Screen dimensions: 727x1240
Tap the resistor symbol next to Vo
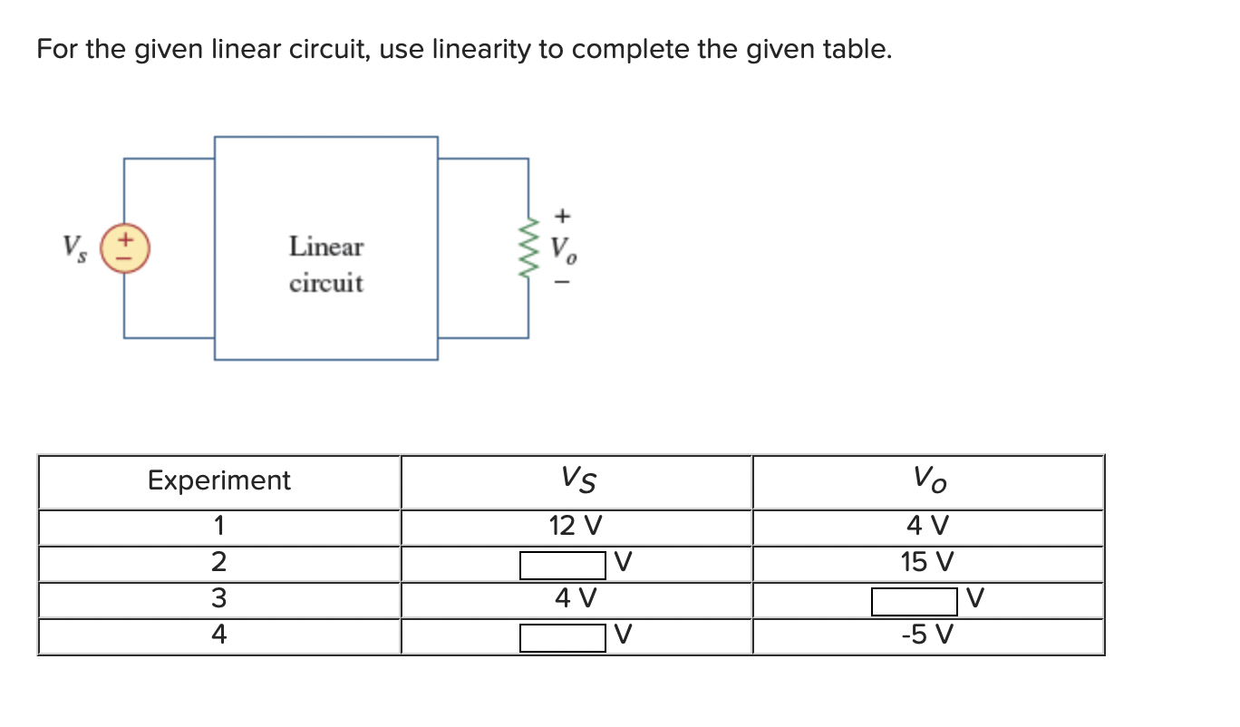coord(528,247)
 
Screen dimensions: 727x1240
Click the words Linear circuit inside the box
coord(326,265)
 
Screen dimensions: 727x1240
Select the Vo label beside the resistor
coord(565,248)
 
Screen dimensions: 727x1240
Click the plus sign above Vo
coord(564,216)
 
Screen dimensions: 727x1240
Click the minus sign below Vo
coord(564,282)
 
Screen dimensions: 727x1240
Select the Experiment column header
coord(219,480)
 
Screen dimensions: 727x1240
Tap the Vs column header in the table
coord(577,480)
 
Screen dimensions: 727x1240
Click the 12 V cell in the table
coord(576,526)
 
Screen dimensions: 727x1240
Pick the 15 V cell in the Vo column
coord(927,563)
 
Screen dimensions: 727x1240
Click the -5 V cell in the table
coord(927,635)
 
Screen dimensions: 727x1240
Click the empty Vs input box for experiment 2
coord(562,565)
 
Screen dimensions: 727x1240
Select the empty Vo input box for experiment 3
coord(914,600)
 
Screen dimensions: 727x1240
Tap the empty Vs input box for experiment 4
coord(562,637)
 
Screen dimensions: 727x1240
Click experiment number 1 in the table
coord(219,526)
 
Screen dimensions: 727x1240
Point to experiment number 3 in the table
coord(219,599)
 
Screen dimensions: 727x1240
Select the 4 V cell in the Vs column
coord(576,598)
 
